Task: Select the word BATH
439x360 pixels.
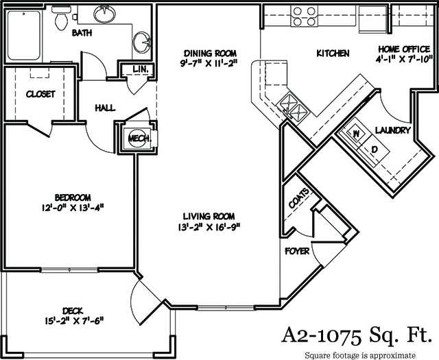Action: pos(83,32)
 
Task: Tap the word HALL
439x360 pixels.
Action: pos(106,108)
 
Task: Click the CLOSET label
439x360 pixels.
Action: pos(40,94)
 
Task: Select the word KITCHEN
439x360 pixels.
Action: pos(333,53)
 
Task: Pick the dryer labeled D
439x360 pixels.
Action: pos(375,148)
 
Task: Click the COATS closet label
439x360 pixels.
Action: pos(296,201)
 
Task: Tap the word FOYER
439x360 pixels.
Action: pos(297,252)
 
